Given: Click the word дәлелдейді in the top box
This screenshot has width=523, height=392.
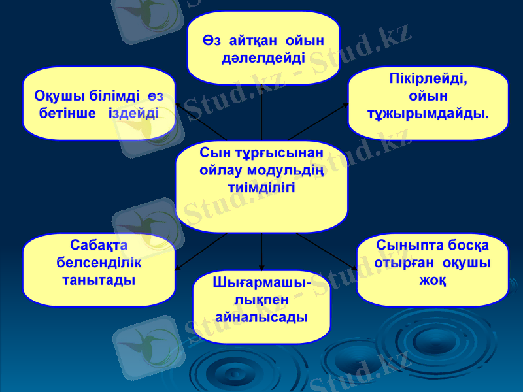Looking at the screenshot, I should coord(263,58).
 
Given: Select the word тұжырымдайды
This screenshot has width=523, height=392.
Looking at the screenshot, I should coord(428,114).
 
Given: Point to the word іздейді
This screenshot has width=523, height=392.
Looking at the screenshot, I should coord(133,112).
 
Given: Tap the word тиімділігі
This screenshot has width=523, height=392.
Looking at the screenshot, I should coord(261,187).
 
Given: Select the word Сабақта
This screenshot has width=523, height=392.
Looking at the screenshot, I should coord(98,245).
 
